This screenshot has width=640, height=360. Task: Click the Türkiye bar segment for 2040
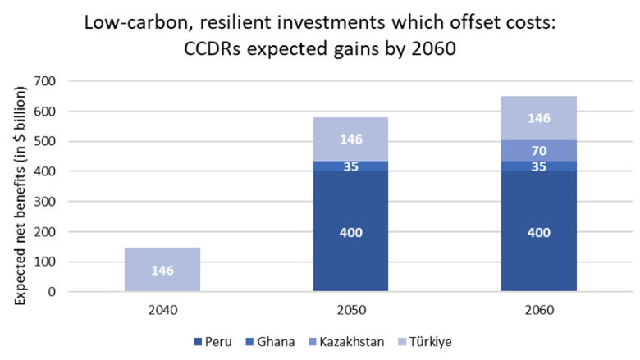click(162, 269)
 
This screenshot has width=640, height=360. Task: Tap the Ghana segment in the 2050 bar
click(350, 166)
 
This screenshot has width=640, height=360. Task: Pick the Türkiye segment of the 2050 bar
click(350, 139)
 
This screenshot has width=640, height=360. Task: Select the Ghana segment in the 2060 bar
click(539, 166)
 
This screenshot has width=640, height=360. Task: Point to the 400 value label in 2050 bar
click(350, 232)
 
